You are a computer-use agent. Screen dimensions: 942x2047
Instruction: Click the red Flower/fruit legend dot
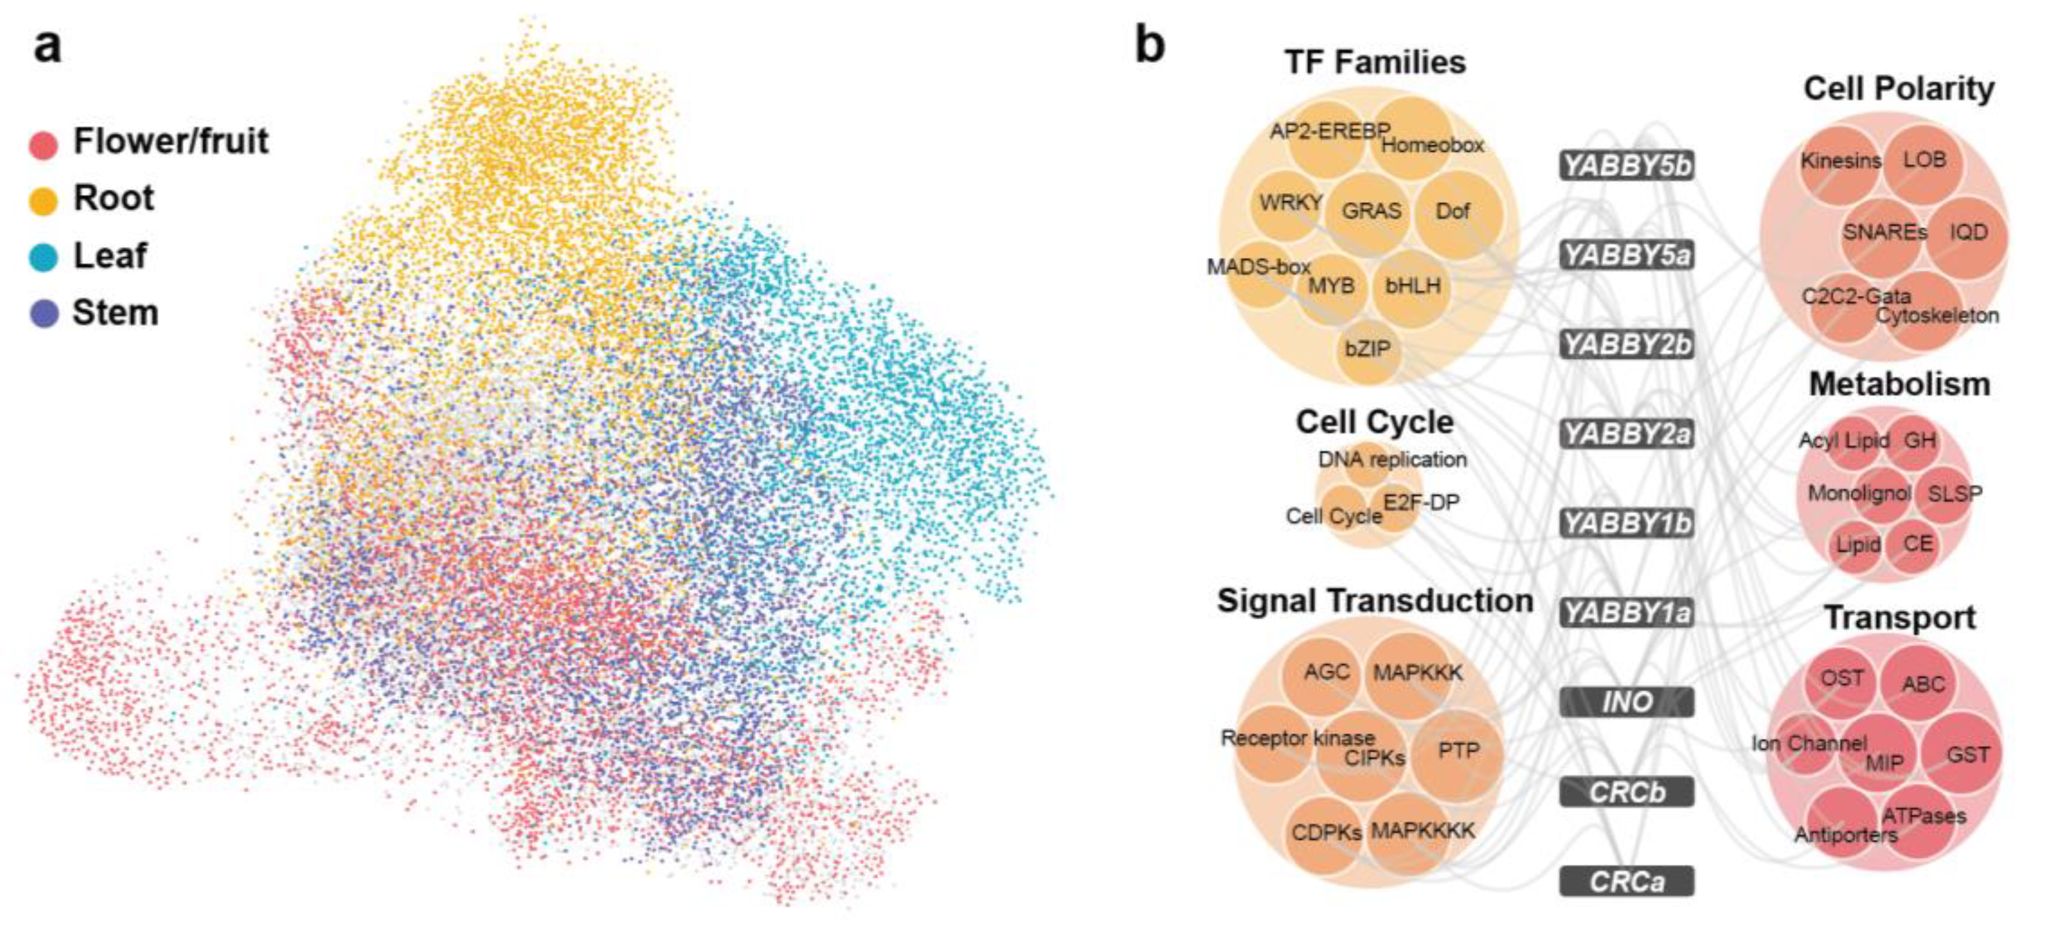(43, 145)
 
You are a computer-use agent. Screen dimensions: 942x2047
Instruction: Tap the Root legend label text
(114, 198)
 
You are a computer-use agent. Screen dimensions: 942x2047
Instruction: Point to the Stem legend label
(115, 312)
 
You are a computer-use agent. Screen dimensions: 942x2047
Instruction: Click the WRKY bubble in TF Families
(1288, 205)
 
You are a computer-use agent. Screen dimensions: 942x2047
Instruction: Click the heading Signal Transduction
(1374, 601)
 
